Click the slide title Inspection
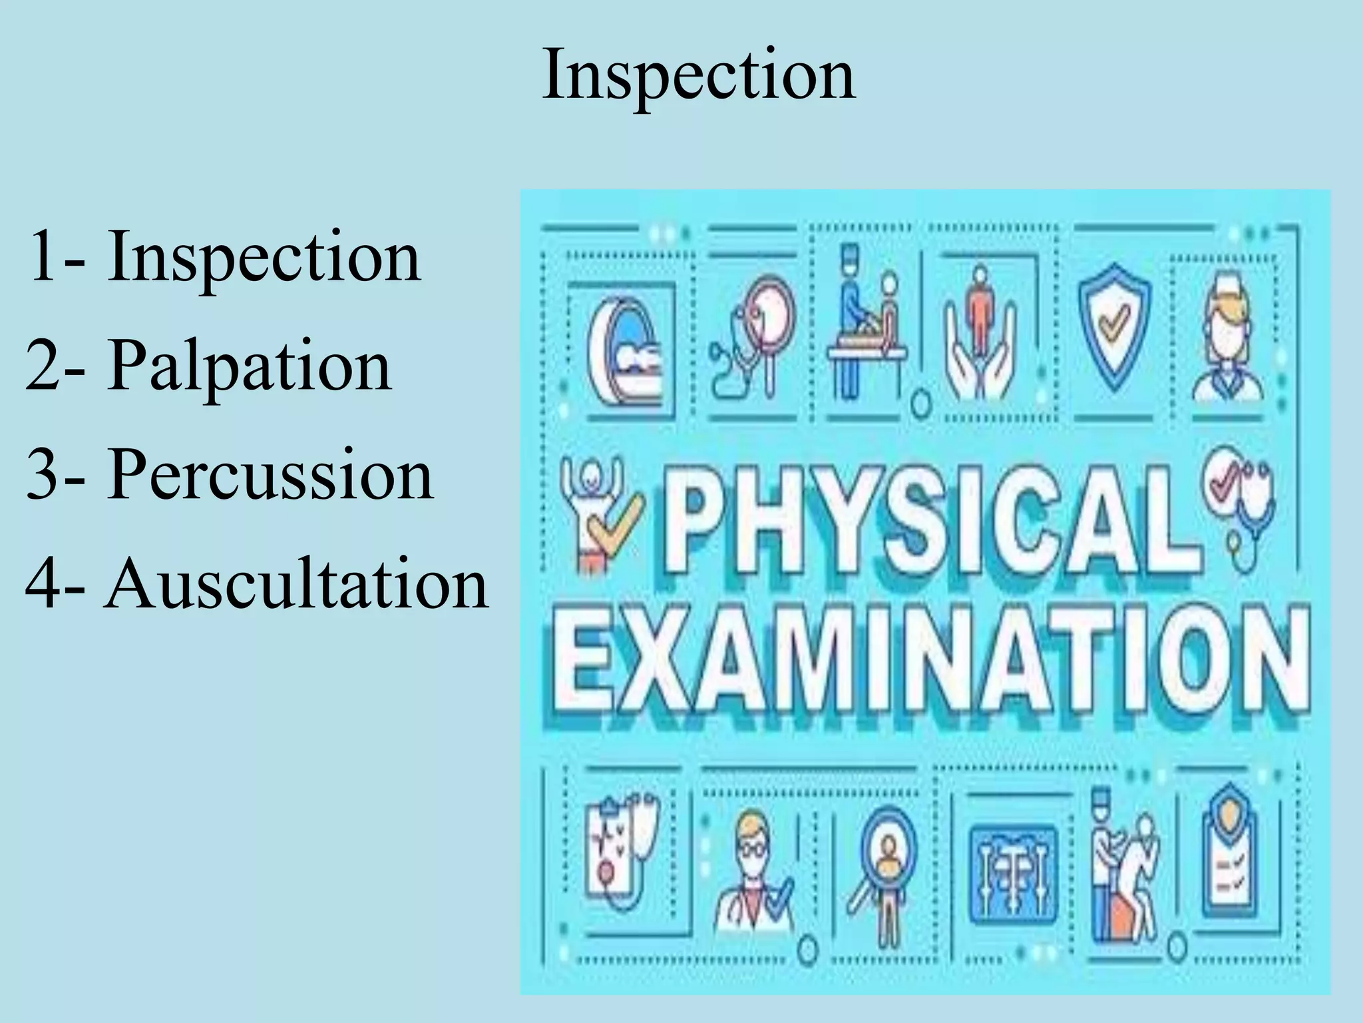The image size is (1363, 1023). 699,75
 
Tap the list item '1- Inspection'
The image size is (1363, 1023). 224,257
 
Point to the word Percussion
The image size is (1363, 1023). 270,474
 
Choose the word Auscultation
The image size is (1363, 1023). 296,583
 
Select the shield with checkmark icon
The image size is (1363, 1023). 1113,326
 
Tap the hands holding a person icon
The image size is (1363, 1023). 980,333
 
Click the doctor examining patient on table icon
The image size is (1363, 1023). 865,326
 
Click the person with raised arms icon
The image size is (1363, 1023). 599,513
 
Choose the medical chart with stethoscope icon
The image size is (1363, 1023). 622,856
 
